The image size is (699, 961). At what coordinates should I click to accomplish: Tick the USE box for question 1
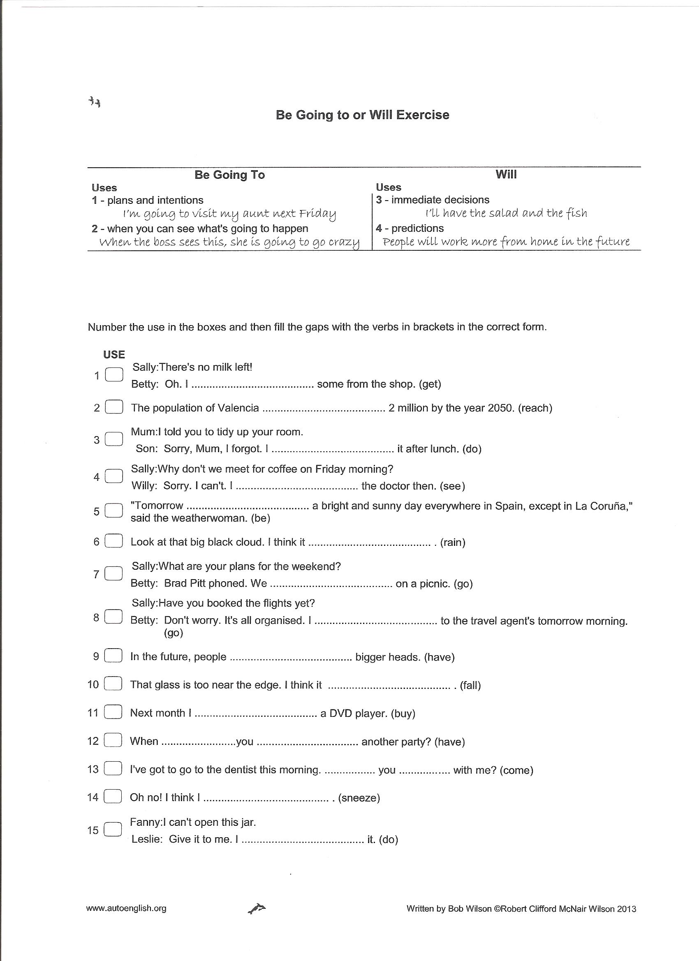[113, 374]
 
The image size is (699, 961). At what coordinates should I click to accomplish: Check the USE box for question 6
[113, 541]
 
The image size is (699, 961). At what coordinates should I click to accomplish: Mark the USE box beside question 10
[113, 684]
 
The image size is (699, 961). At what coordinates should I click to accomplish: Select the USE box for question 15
[113, 829]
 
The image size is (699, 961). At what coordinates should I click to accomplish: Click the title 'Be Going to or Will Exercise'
[362, 115]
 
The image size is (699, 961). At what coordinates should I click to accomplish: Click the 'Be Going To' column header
[229, 175]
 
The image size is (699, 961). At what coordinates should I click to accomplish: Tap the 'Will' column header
[506, 174]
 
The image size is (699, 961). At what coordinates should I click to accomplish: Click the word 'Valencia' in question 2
[238, 408]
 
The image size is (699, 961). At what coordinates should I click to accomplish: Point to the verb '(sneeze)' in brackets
[359, 798]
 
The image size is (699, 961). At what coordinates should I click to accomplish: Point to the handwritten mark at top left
[95, 102]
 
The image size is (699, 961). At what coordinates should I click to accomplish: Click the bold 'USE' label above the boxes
[113, 354]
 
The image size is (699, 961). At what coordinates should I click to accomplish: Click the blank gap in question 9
[290, 657]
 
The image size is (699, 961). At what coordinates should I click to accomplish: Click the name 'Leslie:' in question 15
[147, 839]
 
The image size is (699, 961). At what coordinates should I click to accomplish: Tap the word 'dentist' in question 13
[238, 770]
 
